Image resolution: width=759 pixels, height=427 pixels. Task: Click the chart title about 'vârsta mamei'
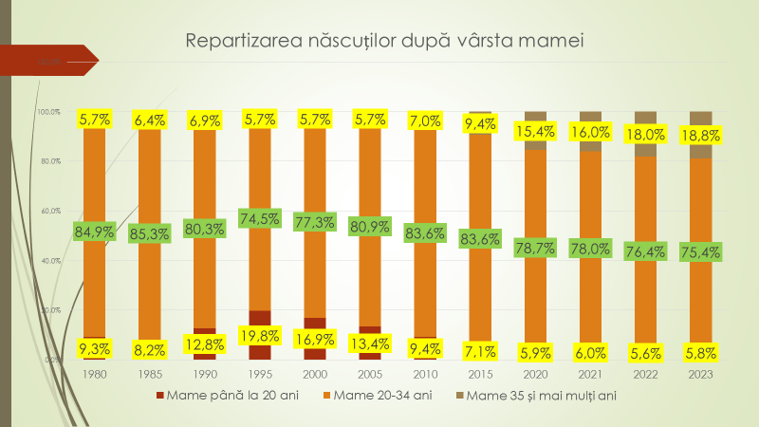(383, 41)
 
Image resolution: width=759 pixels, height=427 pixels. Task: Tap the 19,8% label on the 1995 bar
(258, 335)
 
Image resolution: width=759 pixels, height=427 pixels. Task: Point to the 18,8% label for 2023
(699, 135)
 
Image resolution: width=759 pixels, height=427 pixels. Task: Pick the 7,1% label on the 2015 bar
(480, 350)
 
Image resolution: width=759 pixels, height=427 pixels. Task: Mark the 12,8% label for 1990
(204, 343)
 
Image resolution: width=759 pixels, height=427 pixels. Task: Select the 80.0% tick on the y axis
(49, 161)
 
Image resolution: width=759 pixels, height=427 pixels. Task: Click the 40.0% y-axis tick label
(49, 260)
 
